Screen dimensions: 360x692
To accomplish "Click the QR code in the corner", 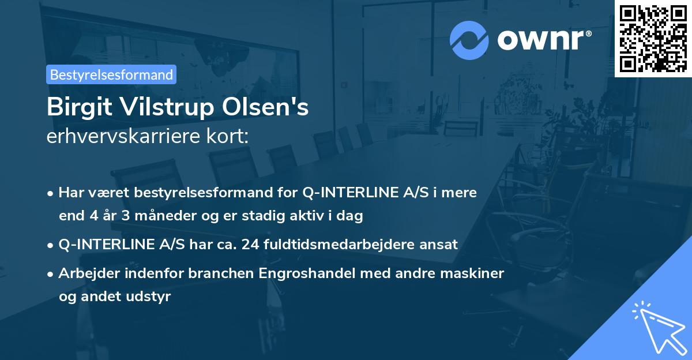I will click(x=653, y=38).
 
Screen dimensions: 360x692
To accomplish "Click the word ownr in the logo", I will click(x=543, y=39).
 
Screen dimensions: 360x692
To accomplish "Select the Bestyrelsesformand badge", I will click(x=111, y=74).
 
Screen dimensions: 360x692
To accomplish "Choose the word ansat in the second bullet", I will click(x=440, y=244).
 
